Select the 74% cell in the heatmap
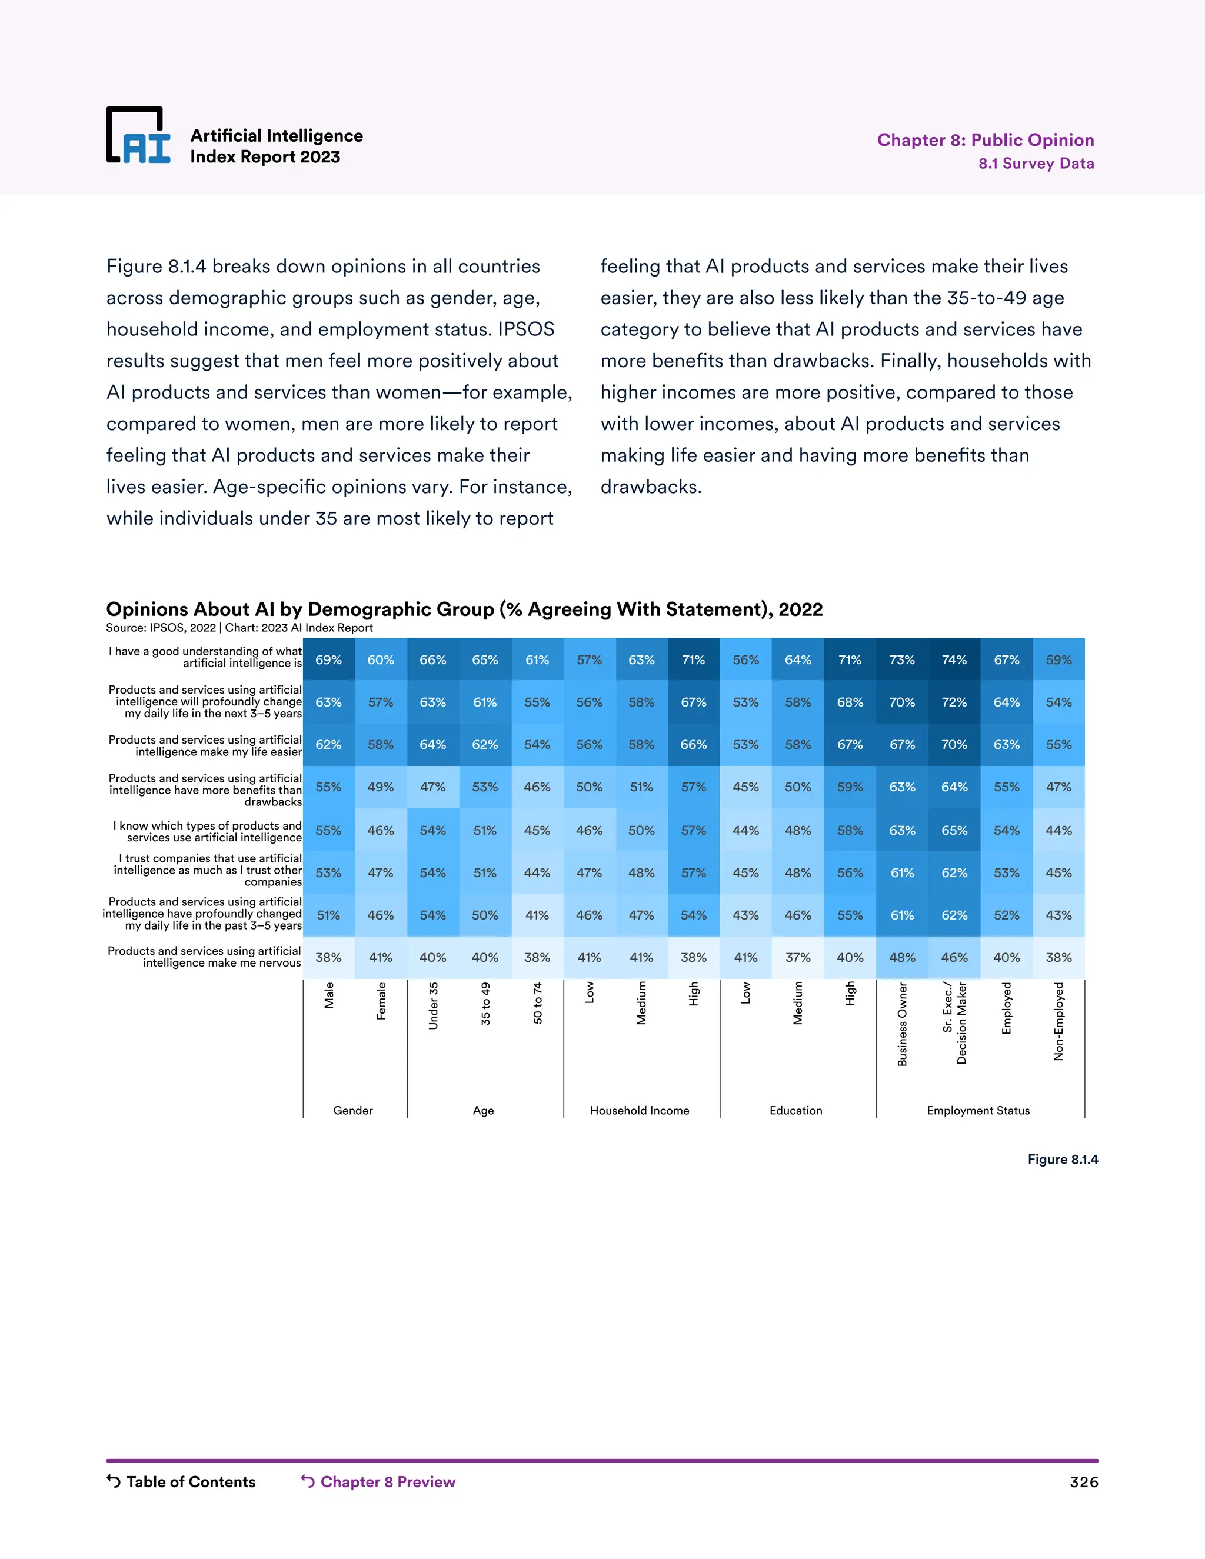pyautogui.click(x=954, y=659)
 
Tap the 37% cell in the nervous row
pyautogui.click(x=797, y=957)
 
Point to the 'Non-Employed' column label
pyautogui.click(x=1058, y=1021)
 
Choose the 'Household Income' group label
pyautogui.click(x=640, y=1110)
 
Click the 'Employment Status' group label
pyautogui.click(x=978, y=1110)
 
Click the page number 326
pyautogui.click(x=1083, y=1482)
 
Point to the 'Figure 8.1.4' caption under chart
pyautogui.click(x=1062, y=1160)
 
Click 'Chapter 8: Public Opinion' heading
pyautogui.click(x=985, y=140)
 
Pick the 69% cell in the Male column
pyautogui.click(x=328, y=659)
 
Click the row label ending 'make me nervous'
pyautogui.click(x=204, y=957)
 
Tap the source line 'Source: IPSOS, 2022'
pyautogui.click(x=161, y=628)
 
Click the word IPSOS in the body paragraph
pyautogui.click(x=526, y=329)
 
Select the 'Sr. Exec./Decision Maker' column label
pyautogui.click(x=954, y=1022)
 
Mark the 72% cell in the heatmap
pyautogui.click(x=954, y=702)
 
